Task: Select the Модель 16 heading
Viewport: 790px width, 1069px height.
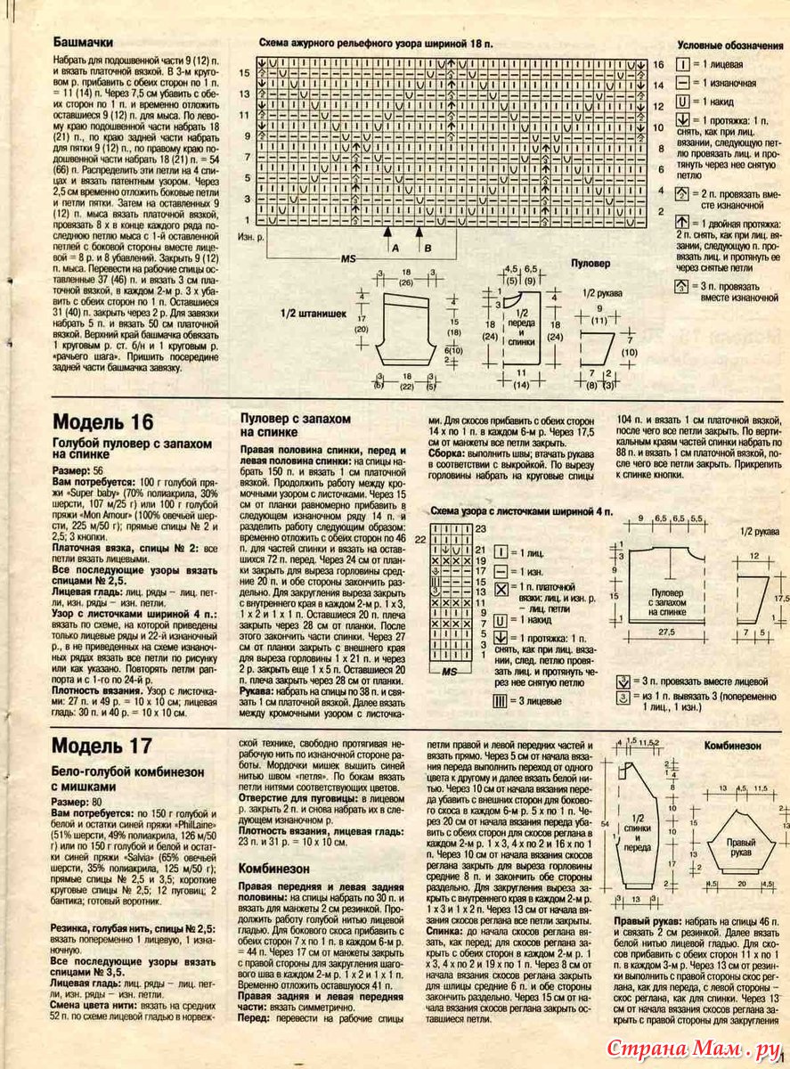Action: pos(103,421)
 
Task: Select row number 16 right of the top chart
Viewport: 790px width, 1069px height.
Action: pos(659,65)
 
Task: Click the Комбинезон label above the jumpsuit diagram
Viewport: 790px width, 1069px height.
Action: pos(733,746)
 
